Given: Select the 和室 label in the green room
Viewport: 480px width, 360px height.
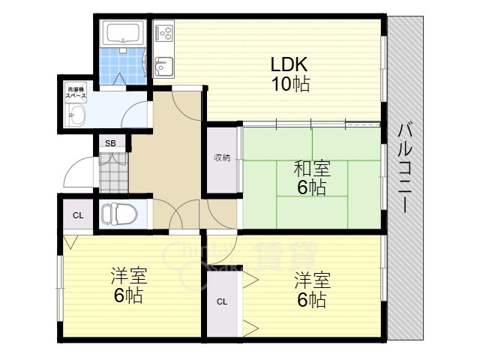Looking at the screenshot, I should (x=310, y=169).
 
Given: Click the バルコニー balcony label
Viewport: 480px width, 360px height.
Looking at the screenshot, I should (x=406, y=166).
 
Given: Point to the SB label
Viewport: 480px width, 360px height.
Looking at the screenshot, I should (x=110, y=143).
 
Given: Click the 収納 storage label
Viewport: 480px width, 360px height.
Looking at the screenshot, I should (x=222, y=157).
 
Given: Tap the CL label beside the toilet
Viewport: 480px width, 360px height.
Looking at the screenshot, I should (x=77, y=215).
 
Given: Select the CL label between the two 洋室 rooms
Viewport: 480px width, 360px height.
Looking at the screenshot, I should (x=222, y=302).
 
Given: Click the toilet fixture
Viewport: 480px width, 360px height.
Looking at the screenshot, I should (x=118, y=214).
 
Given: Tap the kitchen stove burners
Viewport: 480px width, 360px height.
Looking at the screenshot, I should (x=164, y=33).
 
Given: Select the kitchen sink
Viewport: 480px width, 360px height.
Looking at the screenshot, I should (x=163, y=68).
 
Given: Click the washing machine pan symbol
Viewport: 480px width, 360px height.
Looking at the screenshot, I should (x=76, y=115).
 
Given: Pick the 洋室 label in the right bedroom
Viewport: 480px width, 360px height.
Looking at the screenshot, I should (x=310, y=281).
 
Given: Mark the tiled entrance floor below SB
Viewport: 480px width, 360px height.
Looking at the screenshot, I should (x=113, y=173).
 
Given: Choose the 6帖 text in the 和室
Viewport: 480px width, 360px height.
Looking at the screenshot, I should (x=311, y=187).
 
